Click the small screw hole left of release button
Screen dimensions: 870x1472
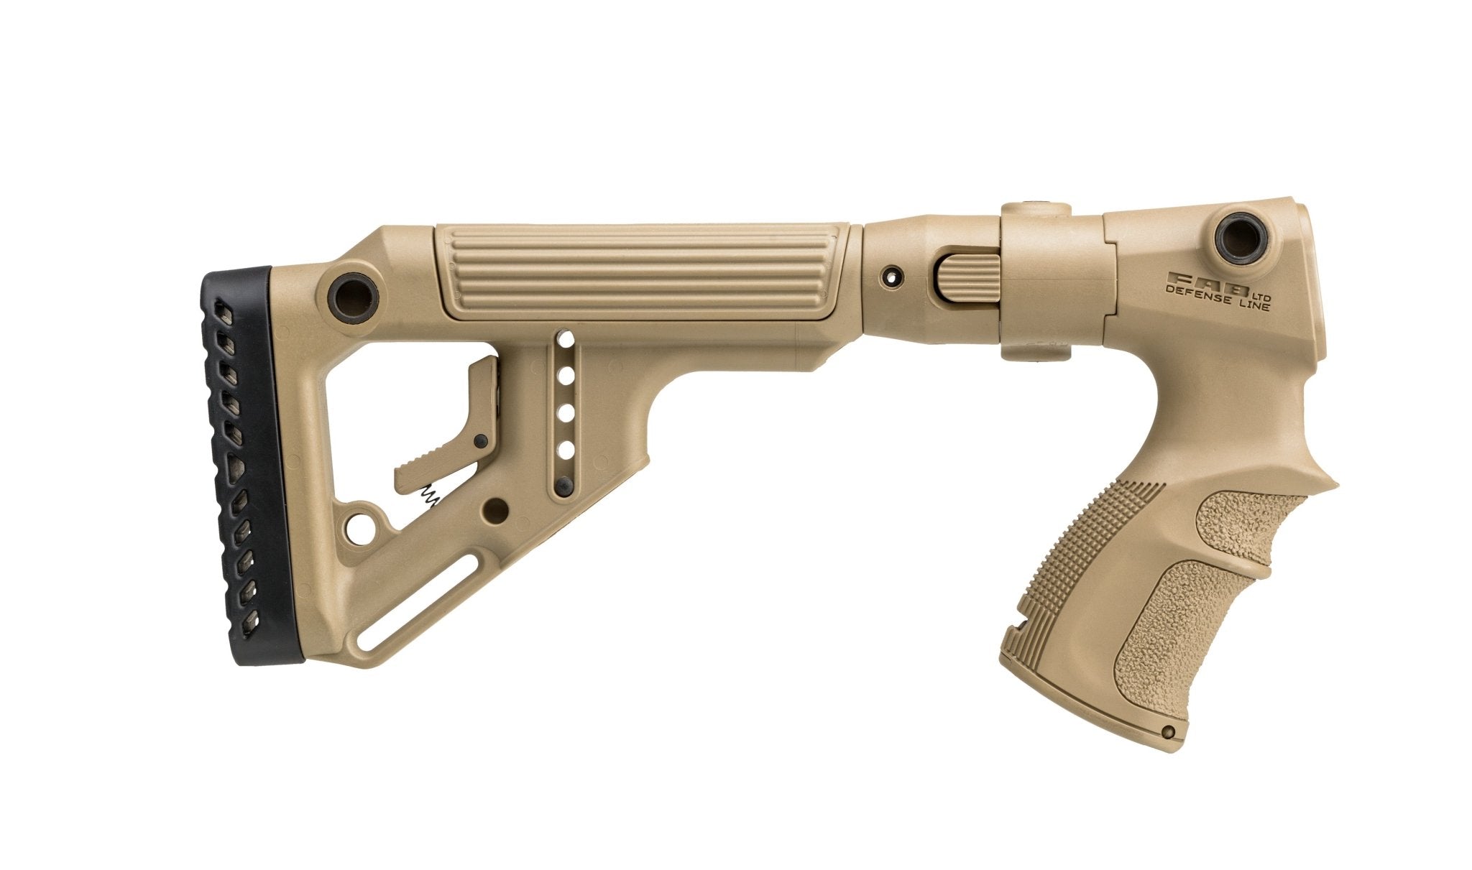tap(893, 275)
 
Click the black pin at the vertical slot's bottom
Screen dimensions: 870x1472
tap(564, 484)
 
